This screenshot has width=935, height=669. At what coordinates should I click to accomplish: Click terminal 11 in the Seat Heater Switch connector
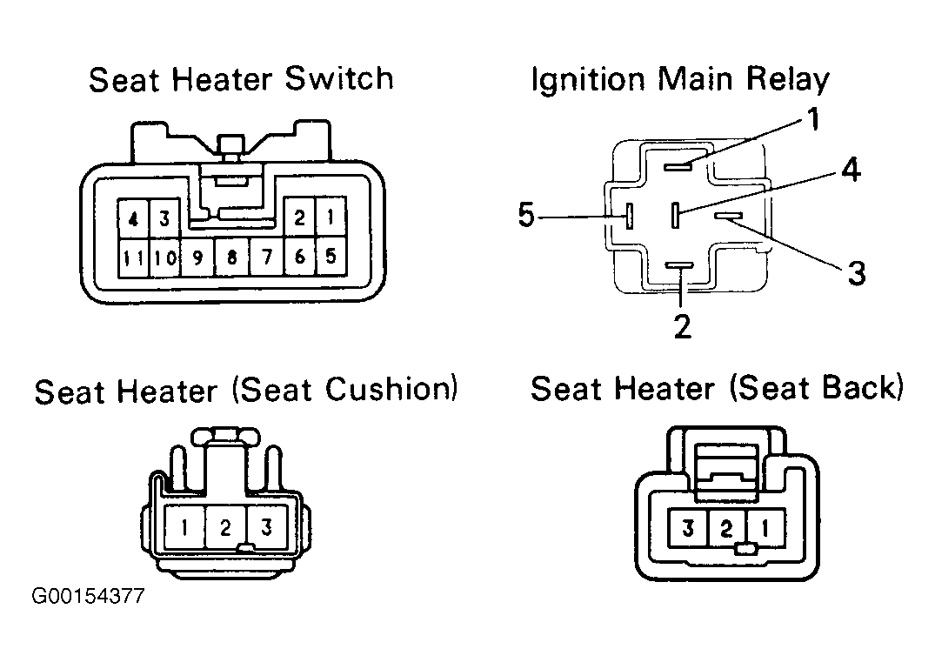(x=134, y=258)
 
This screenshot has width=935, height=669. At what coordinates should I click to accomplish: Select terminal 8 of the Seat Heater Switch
(x=232, y=258)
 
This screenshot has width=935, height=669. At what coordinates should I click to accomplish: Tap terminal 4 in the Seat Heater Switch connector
(x=134, y=219)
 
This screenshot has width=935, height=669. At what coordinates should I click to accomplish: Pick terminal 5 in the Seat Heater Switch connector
(x=331, y=257)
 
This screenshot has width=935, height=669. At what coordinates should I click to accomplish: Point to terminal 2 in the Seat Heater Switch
(x=299, y=217)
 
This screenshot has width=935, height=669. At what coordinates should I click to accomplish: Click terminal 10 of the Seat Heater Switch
(x=165, y=258)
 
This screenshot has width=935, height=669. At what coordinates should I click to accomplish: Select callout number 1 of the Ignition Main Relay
(x=813, y=119)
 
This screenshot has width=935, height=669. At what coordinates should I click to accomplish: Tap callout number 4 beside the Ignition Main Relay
(x=851, y=170)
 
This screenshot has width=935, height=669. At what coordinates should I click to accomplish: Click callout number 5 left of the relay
(x=526, y=215)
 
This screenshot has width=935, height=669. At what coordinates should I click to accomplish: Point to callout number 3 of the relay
(x=857, y=274)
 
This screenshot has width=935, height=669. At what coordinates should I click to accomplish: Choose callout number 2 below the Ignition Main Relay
(x=683, y=327)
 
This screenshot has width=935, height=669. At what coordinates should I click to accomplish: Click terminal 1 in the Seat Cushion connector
(x=184, y=527)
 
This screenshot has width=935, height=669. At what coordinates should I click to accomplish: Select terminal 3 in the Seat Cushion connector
(x=266, y=527)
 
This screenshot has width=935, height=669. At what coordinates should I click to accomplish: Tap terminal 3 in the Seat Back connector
(x=688, y=528)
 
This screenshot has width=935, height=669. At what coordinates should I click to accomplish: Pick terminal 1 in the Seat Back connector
(x=765, y=528)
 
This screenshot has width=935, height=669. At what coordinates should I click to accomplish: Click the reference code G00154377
(x=88, y=596)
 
